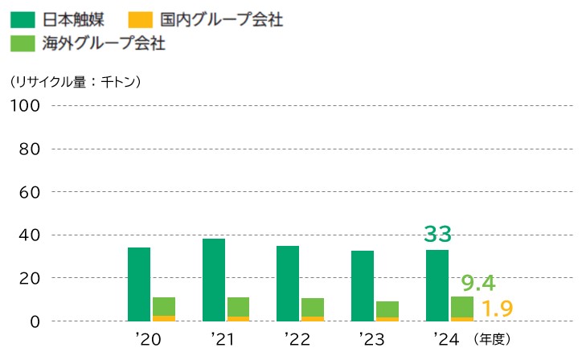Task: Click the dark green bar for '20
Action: [x=139, y=284]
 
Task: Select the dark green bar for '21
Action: [x=214, y=280]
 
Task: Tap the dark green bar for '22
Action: [x=288, y=284]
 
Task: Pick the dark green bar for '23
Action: [x=363, y=286]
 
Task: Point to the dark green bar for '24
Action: [x=437, y=285]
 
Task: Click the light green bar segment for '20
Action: [x=164, y=306]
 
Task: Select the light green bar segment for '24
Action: [x=462, y=307]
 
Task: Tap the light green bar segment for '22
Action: [x=313, y=307]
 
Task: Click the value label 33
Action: [x=438, y=235]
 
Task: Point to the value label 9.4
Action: [x=477, y=283]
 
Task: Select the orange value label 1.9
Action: [x=497, y=309]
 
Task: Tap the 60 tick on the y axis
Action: [x=30, y=192]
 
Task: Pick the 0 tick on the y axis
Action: [x=35, y=321]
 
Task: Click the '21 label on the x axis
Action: [x=222, y=339]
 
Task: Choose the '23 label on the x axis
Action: [x=371, y=339]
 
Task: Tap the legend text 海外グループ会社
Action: [x=101, y=43]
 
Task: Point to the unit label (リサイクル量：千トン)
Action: [x=76, y=81]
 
